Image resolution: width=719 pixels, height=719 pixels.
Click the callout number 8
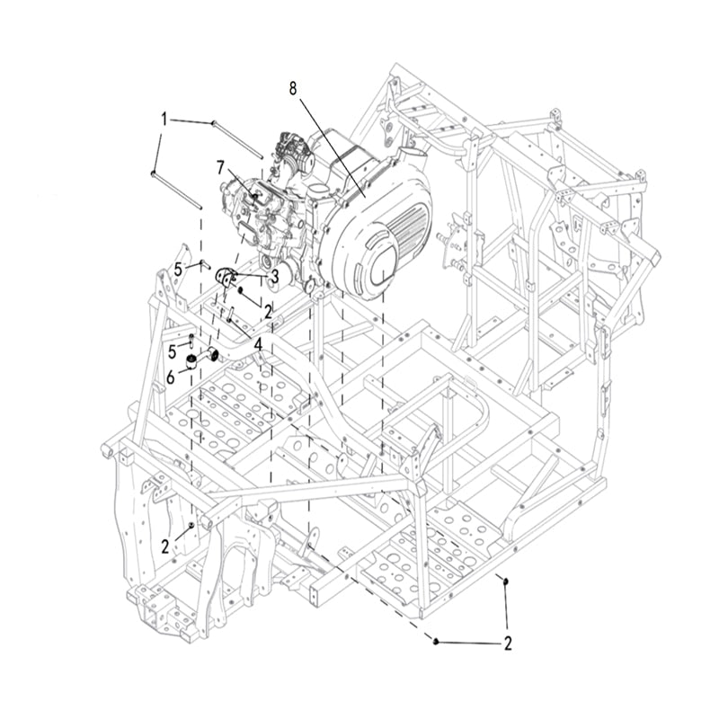293,88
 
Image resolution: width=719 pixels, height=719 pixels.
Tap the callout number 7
220,168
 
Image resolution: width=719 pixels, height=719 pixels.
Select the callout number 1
164,120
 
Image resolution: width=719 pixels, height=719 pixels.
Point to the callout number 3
275,277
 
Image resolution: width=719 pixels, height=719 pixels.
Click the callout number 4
258,345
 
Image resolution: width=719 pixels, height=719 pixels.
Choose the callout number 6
171,377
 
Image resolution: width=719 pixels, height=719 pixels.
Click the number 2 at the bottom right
508,644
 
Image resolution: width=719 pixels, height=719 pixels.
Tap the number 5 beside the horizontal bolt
178,270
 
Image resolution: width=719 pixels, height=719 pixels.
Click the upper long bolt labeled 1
237,139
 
